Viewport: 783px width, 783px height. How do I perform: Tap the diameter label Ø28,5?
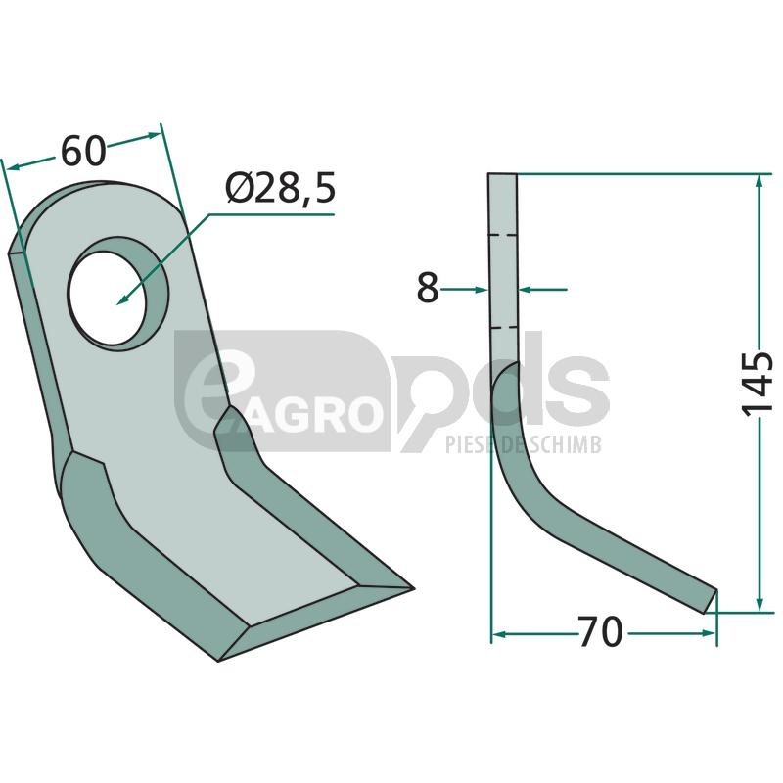pos(280,188)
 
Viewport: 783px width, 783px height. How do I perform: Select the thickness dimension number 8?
pos(428,288)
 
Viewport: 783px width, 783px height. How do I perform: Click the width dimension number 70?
pos(601,631)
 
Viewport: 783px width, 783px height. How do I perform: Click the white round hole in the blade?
pos(108,299)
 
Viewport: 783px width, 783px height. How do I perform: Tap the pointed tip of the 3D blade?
pos(412,588)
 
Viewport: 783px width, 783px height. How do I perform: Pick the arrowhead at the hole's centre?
pos(121,299)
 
